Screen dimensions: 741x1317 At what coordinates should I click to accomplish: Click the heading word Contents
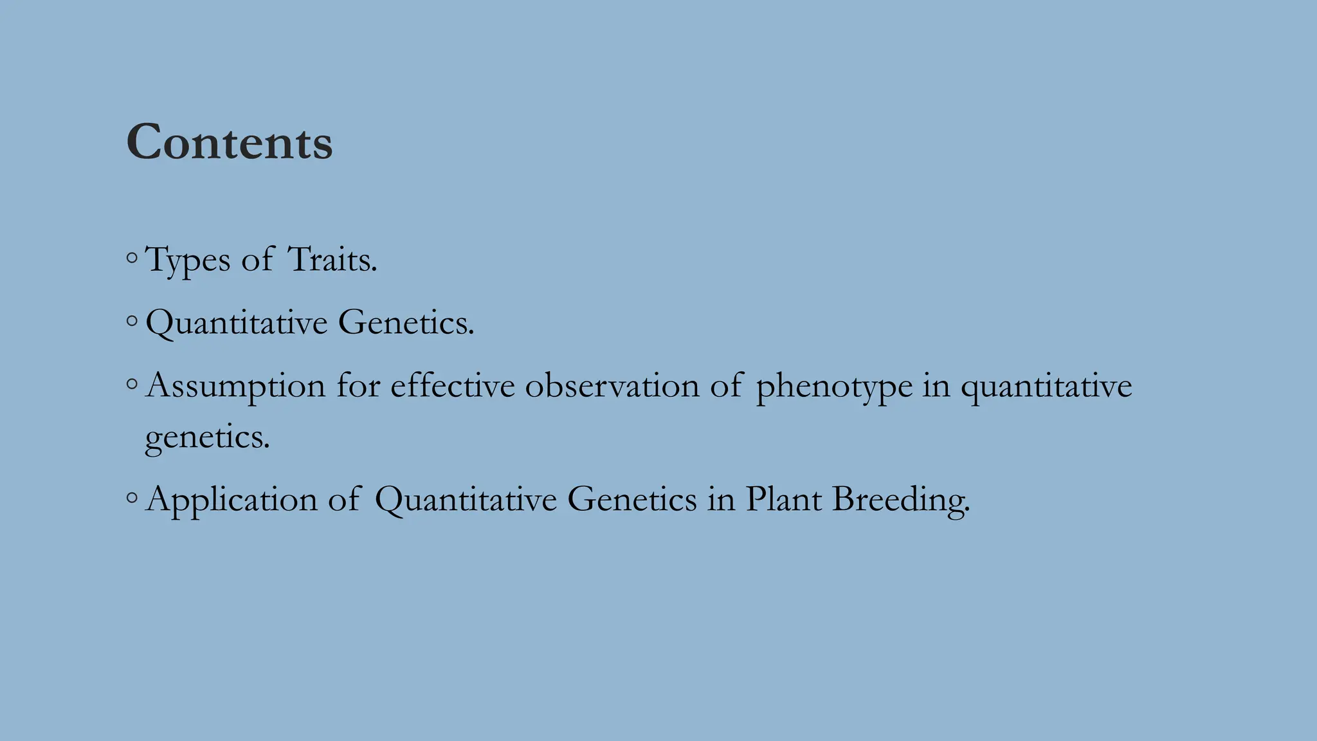[230, 142]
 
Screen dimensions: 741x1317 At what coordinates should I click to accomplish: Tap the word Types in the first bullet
[188, 261]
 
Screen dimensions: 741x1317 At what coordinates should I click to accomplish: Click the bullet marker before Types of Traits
[132, 259]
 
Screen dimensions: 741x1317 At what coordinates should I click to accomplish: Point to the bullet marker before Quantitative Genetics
[132, 320]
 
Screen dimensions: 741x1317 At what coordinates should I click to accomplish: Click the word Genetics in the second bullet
[405, 322]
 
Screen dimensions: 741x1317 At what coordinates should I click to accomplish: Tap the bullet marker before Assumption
[132, 384]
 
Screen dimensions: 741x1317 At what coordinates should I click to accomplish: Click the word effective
[453, 385]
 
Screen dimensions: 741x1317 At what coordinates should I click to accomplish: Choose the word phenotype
[834, 387]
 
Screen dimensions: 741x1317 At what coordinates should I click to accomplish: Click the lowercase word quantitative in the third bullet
[1046, 387]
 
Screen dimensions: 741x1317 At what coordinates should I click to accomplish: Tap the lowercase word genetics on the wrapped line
[207, 438]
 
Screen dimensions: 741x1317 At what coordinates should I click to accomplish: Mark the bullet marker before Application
[132, 497]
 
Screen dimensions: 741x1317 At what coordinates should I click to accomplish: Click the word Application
[232, 500]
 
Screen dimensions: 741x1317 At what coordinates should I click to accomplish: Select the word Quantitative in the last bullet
[466, 500]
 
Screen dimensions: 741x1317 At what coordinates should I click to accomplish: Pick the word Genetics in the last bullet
[631, 500]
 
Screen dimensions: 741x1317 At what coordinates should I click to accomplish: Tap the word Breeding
[900, 500]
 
